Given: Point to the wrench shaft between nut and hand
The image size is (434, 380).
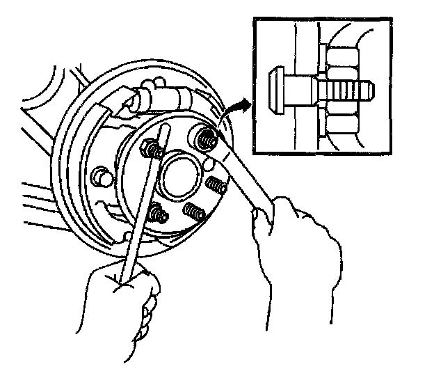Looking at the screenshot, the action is click(240, 177).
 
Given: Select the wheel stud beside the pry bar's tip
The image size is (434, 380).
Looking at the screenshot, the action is click(150, 146).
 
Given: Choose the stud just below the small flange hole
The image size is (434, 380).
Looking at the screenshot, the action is click(218, 185).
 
